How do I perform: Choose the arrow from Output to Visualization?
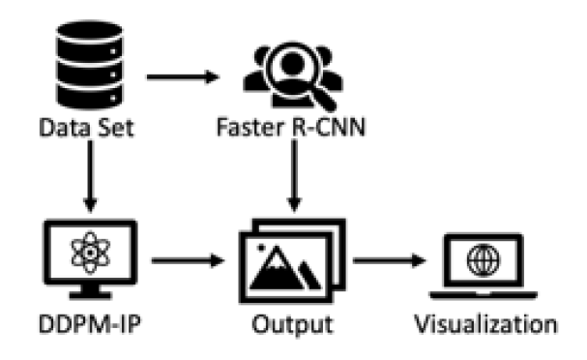point(389,261)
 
